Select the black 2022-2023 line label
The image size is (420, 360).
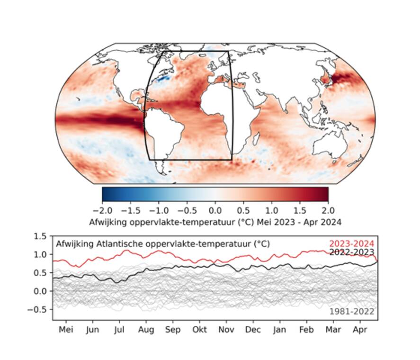click(351, 252)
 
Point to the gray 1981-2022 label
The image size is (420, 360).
click(352, 311)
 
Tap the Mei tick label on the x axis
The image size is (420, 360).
click(66, 330)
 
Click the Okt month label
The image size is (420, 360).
click(199, 330)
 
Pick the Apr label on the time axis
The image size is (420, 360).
click(360, 330)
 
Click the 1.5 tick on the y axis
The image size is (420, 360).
click(41, 236)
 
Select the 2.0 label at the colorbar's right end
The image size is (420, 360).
click(328, 209)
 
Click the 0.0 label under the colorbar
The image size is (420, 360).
click(215, 209)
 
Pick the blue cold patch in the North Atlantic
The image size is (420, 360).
click(163, 78)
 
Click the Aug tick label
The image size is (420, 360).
click(146, 330)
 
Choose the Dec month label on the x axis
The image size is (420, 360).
click(252, 330)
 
